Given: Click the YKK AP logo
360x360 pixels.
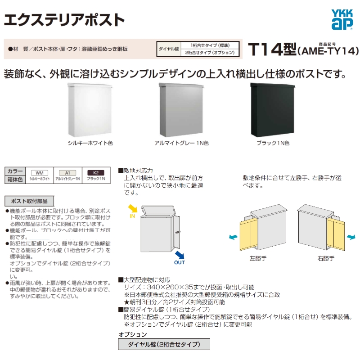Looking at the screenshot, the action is (x=342, y=20).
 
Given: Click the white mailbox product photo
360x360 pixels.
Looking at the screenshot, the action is (x=90, y=110).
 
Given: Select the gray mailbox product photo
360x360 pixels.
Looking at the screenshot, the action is (x=181, y=110).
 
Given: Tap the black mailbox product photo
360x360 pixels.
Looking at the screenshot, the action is (x=273, y=110).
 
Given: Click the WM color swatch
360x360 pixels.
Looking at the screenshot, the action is (x=40, y=173).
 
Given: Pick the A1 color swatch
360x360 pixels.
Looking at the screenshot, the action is (x=67, y=173).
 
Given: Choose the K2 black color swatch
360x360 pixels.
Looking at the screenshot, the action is (x=96, y=173).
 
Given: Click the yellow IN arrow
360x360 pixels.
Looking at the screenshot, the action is (x=133, y=208).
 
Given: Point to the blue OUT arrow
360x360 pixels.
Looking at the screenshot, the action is (x=180, y=255).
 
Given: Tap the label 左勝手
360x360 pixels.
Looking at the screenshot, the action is (x=258, y=258).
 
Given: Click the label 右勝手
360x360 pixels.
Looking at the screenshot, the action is (x=326, y=258).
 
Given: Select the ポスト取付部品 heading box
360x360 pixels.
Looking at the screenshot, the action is (x=29, y=201).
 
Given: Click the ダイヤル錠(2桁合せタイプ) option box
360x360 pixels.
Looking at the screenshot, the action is (x=164, y=344).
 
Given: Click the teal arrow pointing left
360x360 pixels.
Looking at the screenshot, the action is (x=233, y=237).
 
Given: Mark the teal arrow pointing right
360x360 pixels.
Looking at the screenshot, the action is (x=351, y=237).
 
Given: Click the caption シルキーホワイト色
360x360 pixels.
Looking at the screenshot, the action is (x=90, y=143).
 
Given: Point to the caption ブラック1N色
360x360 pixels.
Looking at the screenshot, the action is (x=273, y=143).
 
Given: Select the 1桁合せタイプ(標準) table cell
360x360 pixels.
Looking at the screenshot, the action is (x=210, y=45).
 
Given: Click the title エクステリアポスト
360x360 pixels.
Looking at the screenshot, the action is (x=64, y=20).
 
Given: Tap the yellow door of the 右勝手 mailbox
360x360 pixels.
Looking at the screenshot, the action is (x=335, y=234).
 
